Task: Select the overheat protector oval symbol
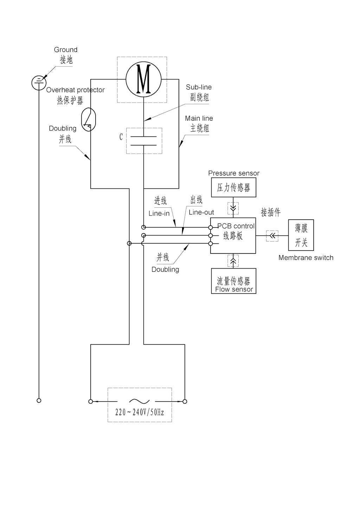coord(88,120)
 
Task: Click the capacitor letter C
coord(121,137)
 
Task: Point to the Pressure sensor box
coord(233,187)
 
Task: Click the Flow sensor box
coord(233,281)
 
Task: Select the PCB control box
coord(233,235)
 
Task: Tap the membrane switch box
coord(301,235)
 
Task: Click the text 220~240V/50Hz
coord(140,412)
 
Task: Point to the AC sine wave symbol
coord(140,401)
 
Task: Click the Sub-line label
coord(199,87)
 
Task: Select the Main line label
coord(199,118)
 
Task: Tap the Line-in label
coord(159,213)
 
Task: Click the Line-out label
coord(201,212)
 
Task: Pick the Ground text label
coord(66,50)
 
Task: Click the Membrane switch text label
coord(306,258)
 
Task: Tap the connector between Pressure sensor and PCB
coord(233,208)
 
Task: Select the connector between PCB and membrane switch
coord(272,236)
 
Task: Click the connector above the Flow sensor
coord(233,261)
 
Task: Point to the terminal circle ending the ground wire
coord(39,400)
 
